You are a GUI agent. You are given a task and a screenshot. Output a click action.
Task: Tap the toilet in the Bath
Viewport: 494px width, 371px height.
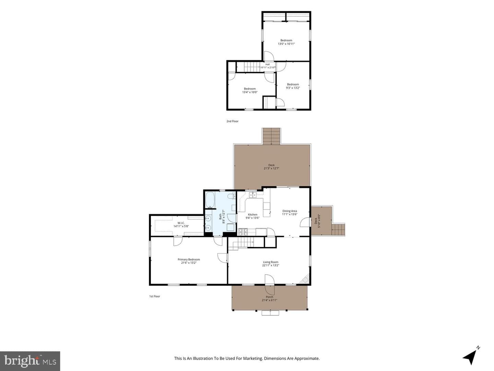pyautogui.click(x=231, y=196)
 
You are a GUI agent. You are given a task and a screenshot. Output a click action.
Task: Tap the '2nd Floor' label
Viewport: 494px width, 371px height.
pyautogui.click(x=232, y=121)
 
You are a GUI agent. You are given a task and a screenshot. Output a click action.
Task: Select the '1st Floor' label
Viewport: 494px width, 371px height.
pyautogui.click(x=155, y=296)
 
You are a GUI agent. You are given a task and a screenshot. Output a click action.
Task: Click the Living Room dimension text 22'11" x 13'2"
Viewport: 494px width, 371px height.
pyautogui.click(x=271, y=265)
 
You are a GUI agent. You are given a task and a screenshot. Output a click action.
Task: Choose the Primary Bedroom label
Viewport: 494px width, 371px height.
pyautogui.click(x=189, y=259)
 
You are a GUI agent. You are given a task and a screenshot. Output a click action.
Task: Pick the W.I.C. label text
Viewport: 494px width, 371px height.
pyautogui.click(x=181, y=223)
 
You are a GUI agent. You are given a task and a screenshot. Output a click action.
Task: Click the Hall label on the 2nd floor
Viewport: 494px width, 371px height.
pyautogui.click(x=267, y=64)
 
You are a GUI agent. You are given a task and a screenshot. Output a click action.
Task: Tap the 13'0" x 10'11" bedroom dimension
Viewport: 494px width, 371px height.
pyautogui.click(x=286, y=44)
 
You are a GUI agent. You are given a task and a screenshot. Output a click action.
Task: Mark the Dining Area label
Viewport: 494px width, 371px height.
pyautogui.click(x=290, y=211)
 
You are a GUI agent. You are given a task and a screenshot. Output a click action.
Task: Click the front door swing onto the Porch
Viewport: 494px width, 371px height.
pyautogui.click(x=270, y=285)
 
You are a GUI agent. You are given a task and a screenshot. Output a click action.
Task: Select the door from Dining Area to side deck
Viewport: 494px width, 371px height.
pyautogui.click(x=305, y=222)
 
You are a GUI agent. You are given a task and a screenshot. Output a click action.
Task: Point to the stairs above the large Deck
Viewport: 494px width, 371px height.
pyautogui.click(x=271, y=136)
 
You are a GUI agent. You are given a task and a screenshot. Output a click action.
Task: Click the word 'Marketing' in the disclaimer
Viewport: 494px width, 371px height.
pyautogui.click(x=254, y=358)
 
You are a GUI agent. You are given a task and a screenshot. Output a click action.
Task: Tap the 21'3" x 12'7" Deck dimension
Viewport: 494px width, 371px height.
pyautogui.click(x=271, y=168)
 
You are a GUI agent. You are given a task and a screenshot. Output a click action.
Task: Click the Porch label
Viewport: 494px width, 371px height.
pyautogui.click(x=269, y=297)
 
